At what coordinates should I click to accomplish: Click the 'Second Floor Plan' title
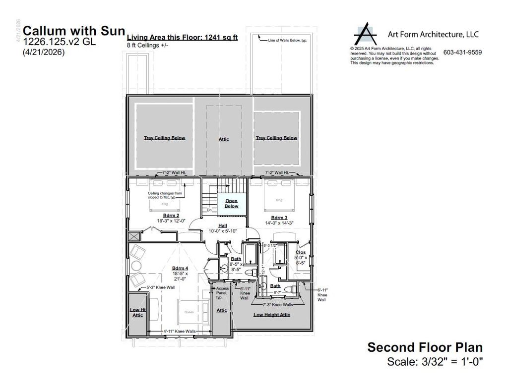pos(425,347)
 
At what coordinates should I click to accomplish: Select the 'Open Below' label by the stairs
pos(231,203)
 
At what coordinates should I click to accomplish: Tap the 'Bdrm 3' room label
pos(280,218)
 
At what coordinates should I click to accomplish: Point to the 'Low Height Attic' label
pos(271,315)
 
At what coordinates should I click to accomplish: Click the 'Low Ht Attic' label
pos(137,312)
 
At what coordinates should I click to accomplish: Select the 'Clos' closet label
pos(301,252)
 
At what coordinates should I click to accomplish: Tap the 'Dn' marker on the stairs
pos(209,210)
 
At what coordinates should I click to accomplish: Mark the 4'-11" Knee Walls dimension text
pos(180,331)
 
